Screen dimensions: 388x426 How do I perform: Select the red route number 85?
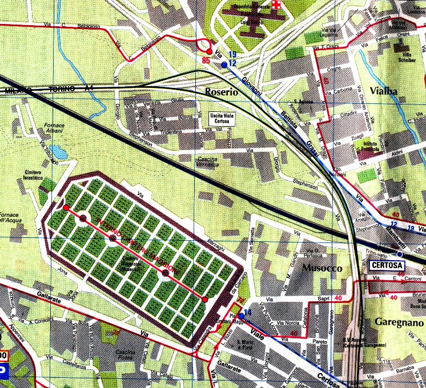tap(206, 60)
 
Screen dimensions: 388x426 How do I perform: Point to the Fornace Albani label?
tap(55, 128)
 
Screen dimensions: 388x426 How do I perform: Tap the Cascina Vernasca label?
tap(209, 161)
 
